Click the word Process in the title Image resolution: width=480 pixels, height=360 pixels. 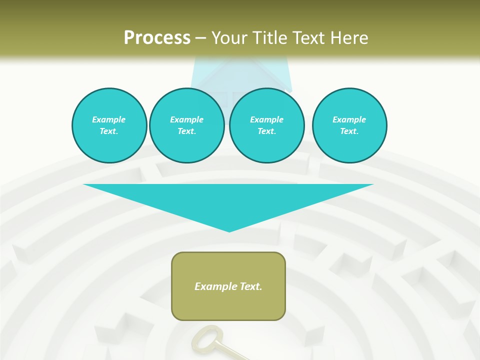[157, 38]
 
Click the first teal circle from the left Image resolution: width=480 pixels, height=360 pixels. [109, 125]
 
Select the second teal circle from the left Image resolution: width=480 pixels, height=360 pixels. [187, 125]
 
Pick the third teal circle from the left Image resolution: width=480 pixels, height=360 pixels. [267, 125]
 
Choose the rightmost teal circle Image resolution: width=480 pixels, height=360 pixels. [349, 125]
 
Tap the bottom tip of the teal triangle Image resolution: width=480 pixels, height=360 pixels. [229, 231]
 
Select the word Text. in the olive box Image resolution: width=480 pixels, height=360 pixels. [250, 286]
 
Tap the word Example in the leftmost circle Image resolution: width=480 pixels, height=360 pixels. [109, 119]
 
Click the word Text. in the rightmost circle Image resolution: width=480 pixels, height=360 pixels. [349, 131]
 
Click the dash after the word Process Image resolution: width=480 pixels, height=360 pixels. [201, 38]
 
